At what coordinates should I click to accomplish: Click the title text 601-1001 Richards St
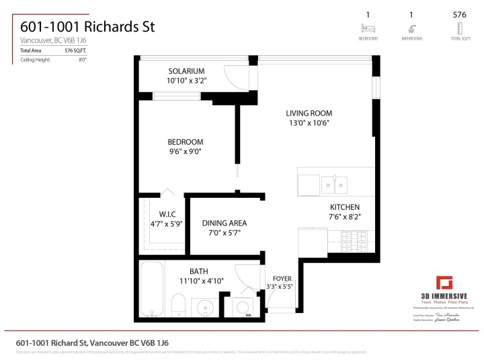coord(87,27)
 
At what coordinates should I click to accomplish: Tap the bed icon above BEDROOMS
coord(368,28)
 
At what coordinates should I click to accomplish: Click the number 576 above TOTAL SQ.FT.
coord(460,14)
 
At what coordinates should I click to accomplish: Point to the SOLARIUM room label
coord(186,71)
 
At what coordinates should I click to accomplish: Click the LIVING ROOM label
coord(309,113)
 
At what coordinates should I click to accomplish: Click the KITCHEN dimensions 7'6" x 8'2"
coord(345,217)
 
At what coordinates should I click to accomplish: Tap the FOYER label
coord(282,278)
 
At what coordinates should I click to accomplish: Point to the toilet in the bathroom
coord(178,304)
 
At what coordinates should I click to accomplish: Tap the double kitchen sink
coord(334,183)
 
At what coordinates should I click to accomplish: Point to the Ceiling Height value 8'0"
coord(82,60)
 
